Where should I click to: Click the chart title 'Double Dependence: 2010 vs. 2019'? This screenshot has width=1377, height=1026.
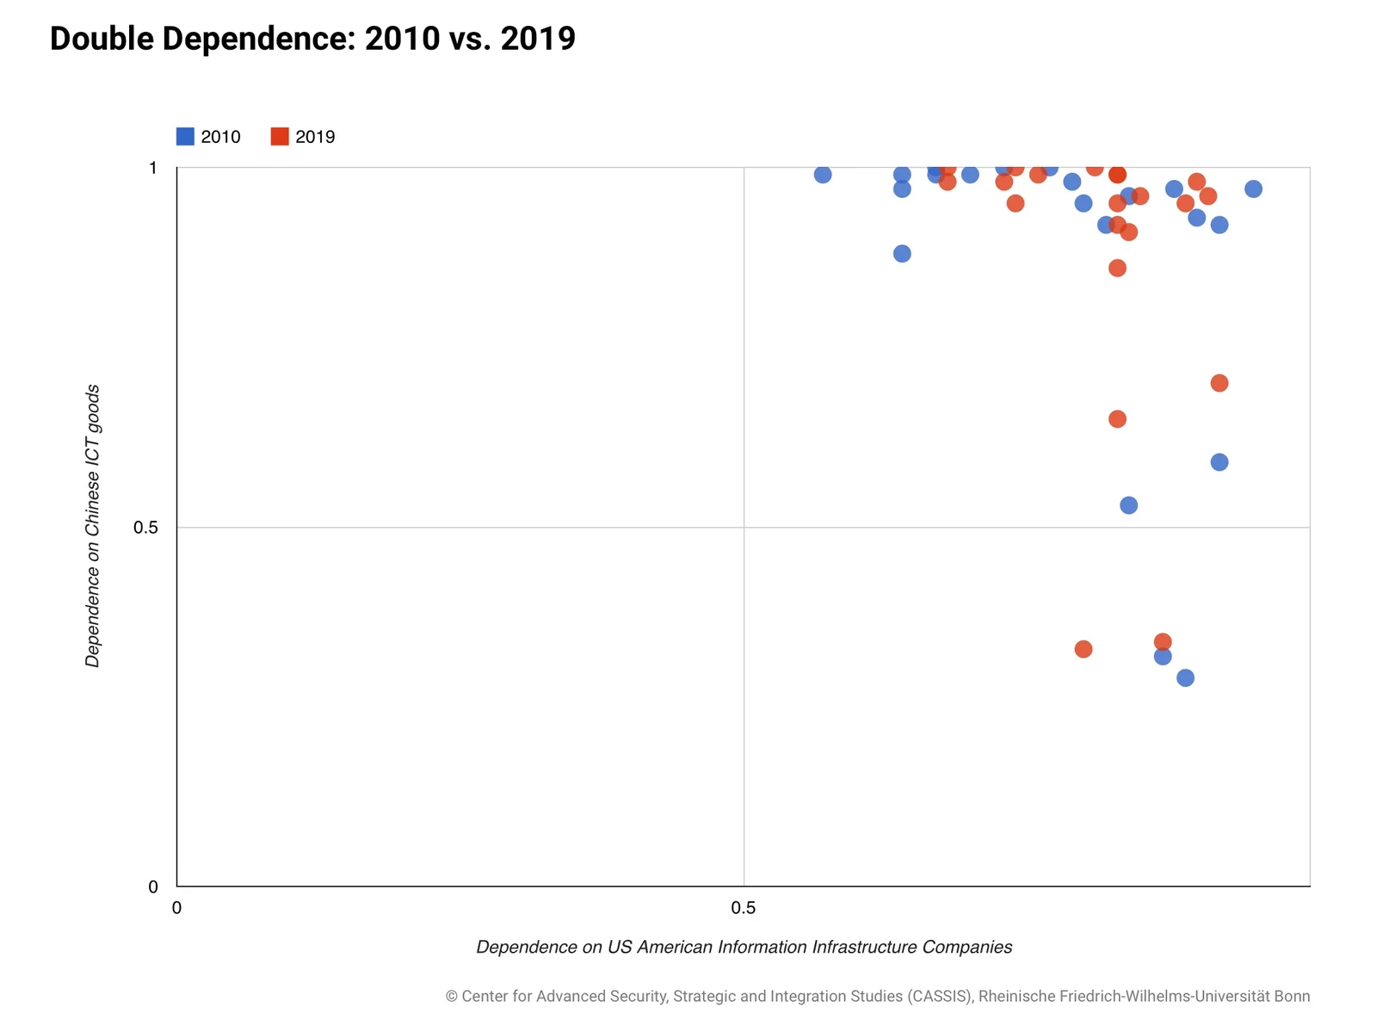coord(312,39)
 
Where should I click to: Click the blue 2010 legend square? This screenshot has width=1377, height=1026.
coord(185,137)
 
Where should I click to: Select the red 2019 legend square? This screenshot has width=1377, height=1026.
coord(280,137)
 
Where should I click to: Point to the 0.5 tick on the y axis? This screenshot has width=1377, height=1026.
coord(146,527)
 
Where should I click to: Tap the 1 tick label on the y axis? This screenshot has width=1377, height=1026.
coord(153,168)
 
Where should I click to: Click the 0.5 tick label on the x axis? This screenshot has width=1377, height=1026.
coord(744,908)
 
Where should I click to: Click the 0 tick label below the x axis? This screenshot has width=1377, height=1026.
coord(176,908)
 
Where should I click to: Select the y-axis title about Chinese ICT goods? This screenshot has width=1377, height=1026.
coord(93,526)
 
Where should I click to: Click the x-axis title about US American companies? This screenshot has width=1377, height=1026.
coord(744,947)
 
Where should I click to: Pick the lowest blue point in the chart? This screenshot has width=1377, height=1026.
coord(1185,678)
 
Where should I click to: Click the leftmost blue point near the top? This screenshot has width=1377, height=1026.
coord(823,175)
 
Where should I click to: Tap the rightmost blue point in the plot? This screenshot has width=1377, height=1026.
coord(1253,189)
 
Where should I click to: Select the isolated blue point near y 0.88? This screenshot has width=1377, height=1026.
coord(902,254)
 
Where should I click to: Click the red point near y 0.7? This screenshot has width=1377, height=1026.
coord(1220,383)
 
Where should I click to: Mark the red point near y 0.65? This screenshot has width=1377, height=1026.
coord(1117,419)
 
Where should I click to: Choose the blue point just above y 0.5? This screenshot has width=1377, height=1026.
coord(1128,505)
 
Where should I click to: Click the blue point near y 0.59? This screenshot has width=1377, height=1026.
coord(1220,462)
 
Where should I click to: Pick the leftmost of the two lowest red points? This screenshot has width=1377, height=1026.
coord(1084,649)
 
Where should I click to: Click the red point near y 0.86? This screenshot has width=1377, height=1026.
coord(1117,268)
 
